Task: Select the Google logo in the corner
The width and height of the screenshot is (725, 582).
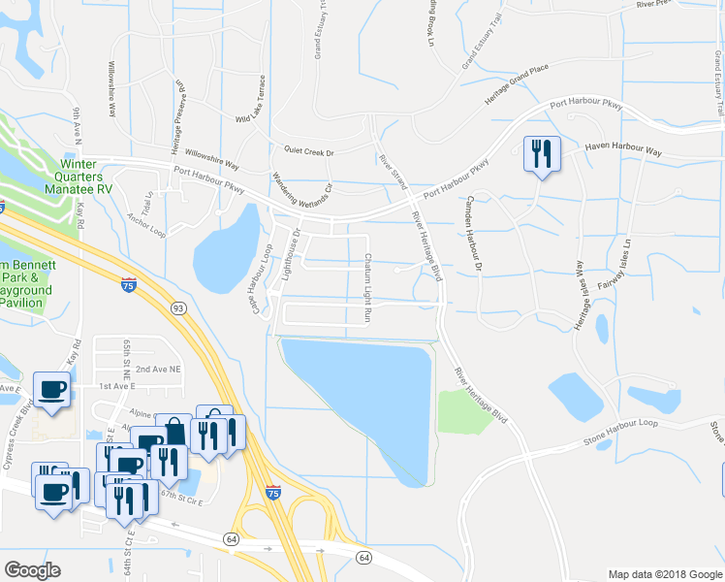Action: [32, 569]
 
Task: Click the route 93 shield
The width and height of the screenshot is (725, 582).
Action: [177, 307]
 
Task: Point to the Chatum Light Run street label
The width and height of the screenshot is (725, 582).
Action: [368, 288]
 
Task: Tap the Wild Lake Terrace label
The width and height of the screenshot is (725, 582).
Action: [251, 101]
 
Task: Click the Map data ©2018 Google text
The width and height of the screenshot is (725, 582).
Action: [664, 573]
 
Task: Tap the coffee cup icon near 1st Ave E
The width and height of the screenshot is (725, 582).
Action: [51, 390]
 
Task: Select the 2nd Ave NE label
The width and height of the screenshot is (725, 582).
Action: [158, 370]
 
